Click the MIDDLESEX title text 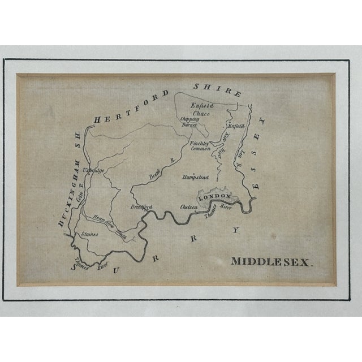coord(271,261)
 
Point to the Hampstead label coord(196,177)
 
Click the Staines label coord(89,234)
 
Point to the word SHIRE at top coord(217,89)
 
